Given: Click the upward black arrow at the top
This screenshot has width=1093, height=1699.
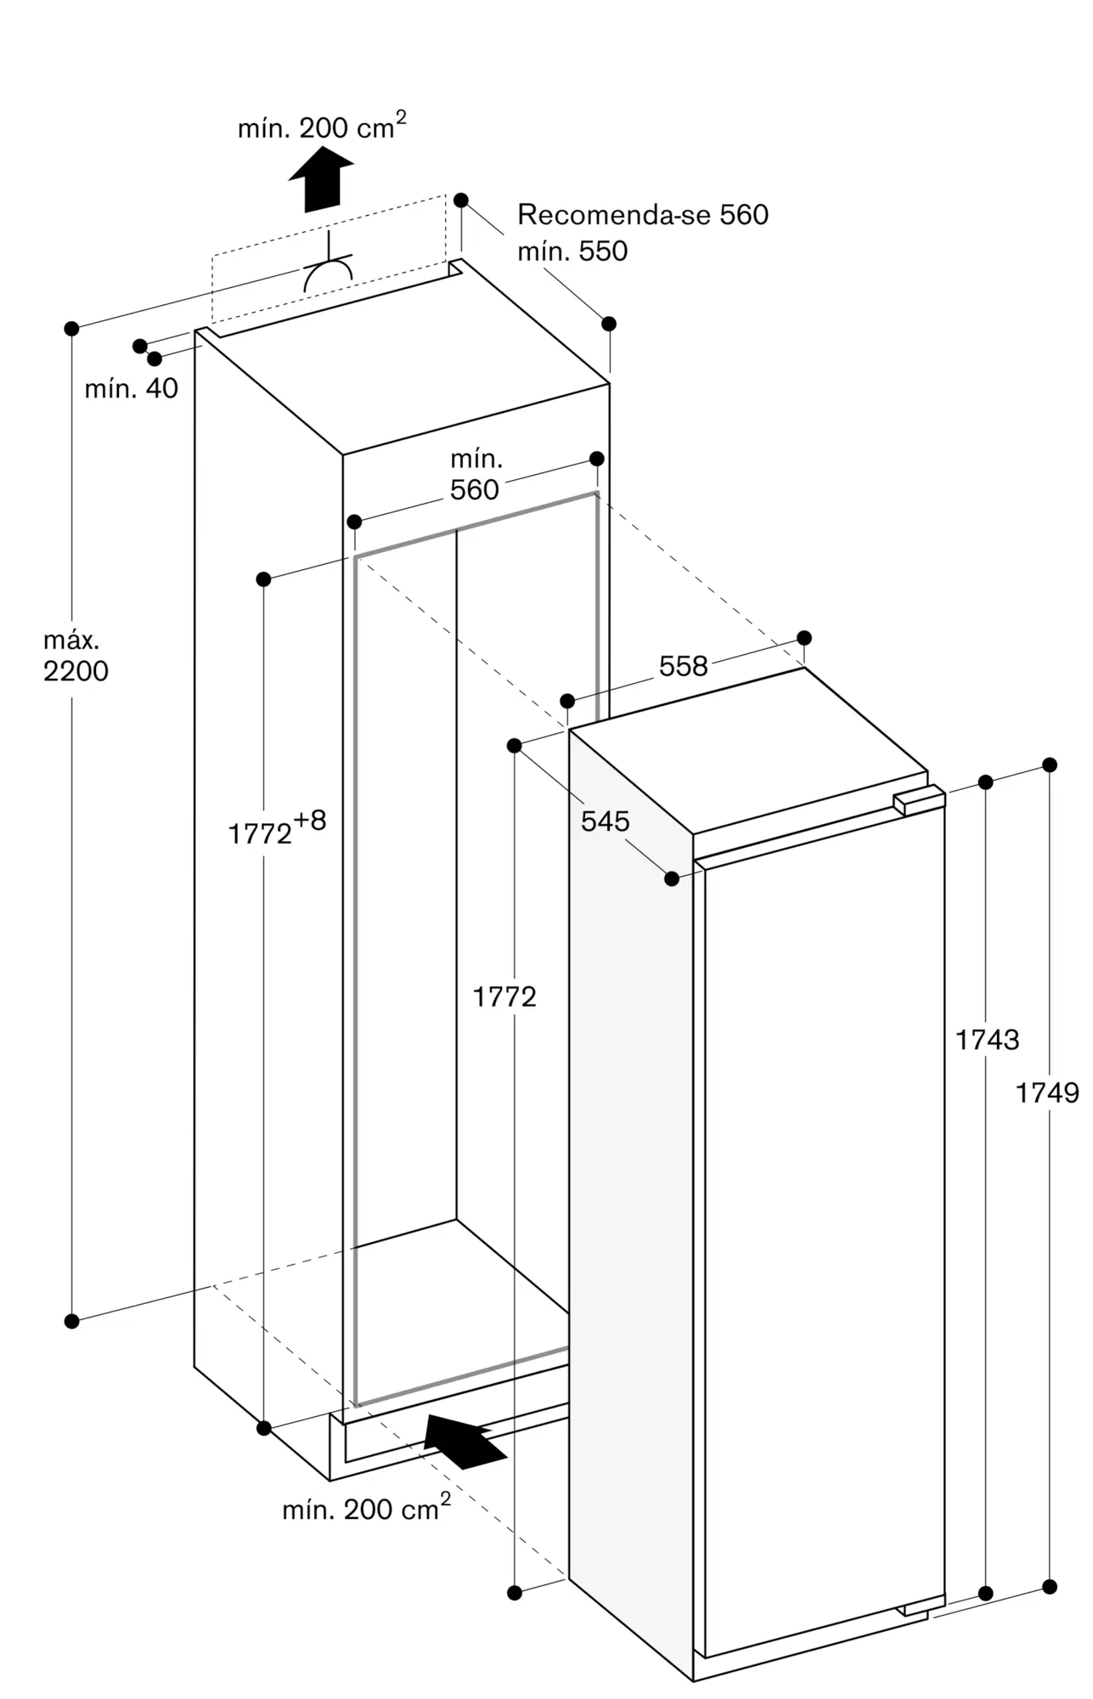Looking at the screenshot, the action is pyautogui.click(x=320, y=178).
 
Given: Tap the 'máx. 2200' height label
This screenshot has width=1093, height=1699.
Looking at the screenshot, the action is pyautogui.click(x=76, y=657).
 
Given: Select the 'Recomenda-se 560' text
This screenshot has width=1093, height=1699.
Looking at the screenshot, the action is pyautogui.click(x=643, y=215).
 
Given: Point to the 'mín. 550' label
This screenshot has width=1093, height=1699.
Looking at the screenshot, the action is pyautogui.click(x=572, y=251).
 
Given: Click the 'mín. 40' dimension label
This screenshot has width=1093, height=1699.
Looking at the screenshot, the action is pyautogui.click(x=132, y=389).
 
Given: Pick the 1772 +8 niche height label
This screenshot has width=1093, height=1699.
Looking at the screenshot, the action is pyautogui.click(x=277, y=827).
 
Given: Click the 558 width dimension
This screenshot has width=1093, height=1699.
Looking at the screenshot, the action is pyautogui.click(x=683, y=666).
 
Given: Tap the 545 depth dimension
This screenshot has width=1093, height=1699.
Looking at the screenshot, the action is pyautogui.click(x=606, y=821).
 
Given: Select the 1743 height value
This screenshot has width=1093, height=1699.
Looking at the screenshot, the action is pyautogui.click(x=987, y=1039).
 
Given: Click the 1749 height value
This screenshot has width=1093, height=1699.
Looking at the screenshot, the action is pyautogui.click(x=1047, y=1092).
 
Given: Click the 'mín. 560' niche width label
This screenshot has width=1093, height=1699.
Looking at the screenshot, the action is pyautogui.click(x=476, y=475).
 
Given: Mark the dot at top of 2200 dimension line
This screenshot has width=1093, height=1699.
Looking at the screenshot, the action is pyautogui.click(x=72, y=328).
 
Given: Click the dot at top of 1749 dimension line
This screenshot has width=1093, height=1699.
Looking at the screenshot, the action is pyautogui.click(x=1050, y=765).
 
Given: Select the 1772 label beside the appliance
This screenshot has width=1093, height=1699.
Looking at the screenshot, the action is pyautogui.click(x=504, y=996).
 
